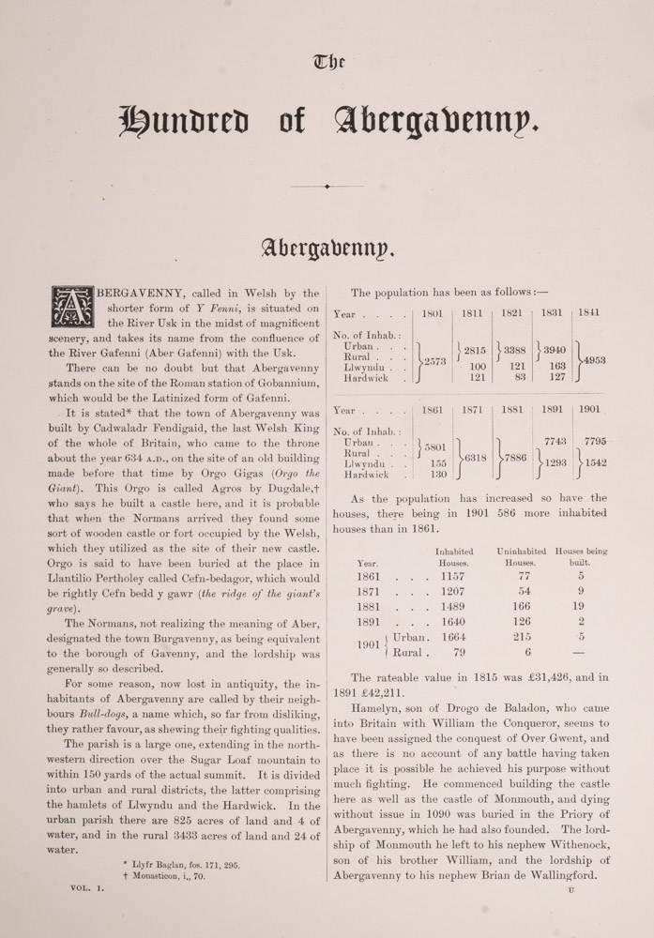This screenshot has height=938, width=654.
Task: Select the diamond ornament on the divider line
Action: tap(327, 188)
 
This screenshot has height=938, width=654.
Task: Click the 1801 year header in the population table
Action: tap(433, 312)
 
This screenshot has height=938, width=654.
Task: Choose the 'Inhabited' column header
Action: tap(454, 551)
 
